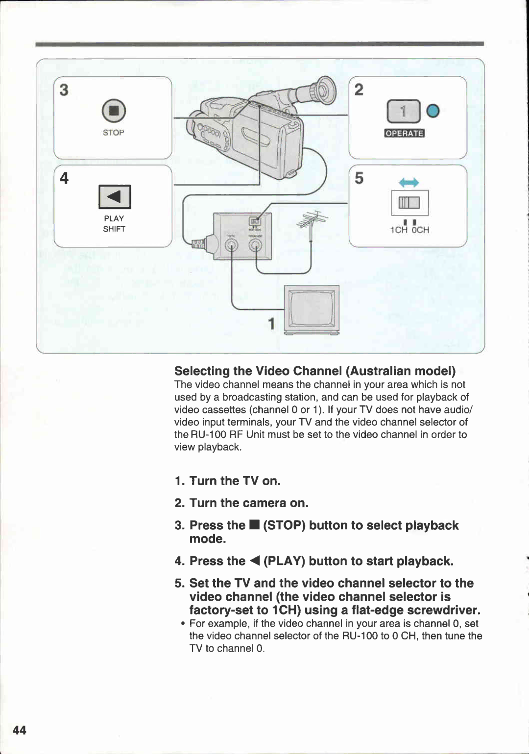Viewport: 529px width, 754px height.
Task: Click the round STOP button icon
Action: pyautogui.click(x=114, y=111)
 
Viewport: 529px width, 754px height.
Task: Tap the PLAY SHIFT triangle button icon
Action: pyautogui.click(x=115, y=197)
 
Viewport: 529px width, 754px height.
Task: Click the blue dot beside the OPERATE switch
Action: pyautogui.click(x=433, y=111)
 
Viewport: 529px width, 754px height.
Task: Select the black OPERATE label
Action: pyautogui.click(x=404, y=133)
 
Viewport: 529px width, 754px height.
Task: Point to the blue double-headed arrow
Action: pyautogui.click(x=409, y=183)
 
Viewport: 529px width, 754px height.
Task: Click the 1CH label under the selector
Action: pyautogui.click(x=399, y=230)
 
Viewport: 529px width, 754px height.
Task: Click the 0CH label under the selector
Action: pyautogui.click(x=420, y=230)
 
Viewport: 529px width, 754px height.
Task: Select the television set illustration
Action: pyautogui.click(x=312, y=309)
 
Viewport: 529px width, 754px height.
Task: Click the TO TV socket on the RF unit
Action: pyautogui.click(x=231, y=245)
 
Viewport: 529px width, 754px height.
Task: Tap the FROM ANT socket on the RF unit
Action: pyautogui.click(x=255, y=245)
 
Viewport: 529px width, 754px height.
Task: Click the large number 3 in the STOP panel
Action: pyautogui.click(x=64, y=90)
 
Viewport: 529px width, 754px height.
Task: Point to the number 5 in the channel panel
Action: pyautogui.click(x=359, y=178)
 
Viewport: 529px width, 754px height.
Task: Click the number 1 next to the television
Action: pyautogui.click(x=271, y=324)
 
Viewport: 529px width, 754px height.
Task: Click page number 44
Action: pyautogui.click(x=19, y=730)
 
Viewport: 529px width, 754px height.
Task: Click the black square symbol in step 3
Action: pyautogui.click(x=254, y=525)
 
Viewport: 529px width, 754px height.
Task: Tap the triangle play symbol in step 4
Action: pyautogui.click(x=254, y=561)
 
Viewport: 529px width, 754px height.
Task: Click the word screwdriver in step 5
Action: pyautogui.click(x=443, y=610)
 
